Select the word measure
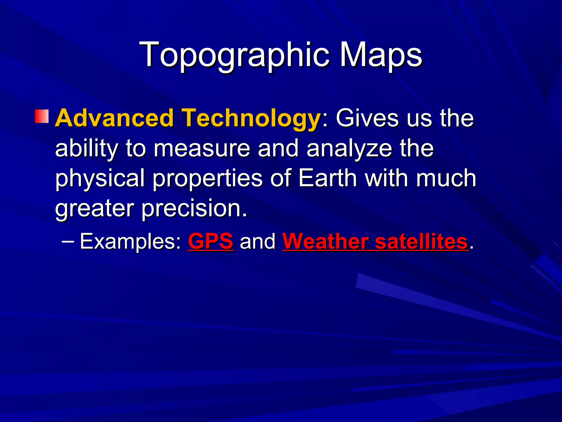point(202,148)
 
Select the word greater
point(95,209)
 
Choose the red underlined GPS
point(210,241)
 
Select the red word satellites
point(421,241)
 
